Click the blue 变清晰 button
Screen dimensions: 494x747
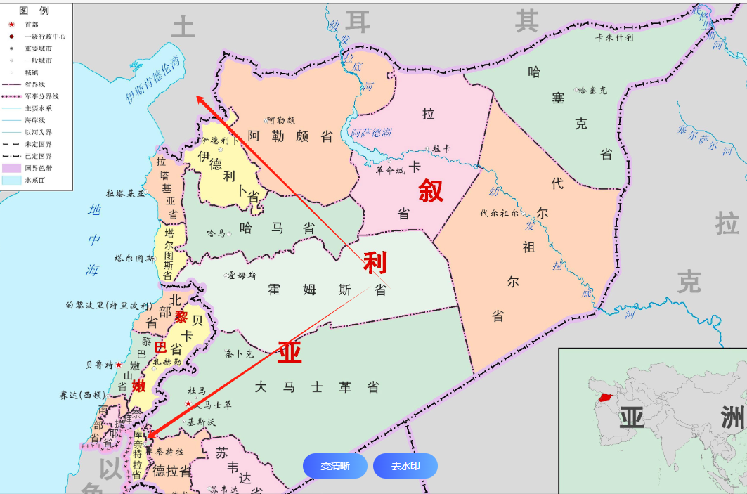[335, 466]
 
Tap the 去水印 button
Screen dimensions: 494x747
[405, 466]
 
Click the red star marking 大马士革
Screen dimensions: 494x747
[188, 404]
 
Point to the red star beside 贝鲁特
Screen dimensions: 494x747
[119, 365]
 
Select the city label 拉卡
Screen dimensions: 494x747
[441, 148]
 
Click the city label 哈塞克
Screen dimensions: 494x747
[592, 90]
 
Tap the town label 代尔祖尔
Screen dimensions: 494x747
[499, 212]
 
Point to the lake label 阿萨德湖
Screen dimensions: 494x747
[372, 132]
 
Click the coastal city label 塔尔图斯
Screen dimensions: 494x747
[135, 259]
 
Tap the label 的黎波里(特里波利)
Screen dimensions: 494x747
[108, 306]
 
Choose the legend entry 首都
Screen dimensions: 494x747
[32, 25]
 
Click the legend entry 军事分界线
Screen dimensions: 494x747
[41, 96]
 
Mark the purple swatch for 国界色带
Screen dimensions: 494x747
[12, 168]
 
